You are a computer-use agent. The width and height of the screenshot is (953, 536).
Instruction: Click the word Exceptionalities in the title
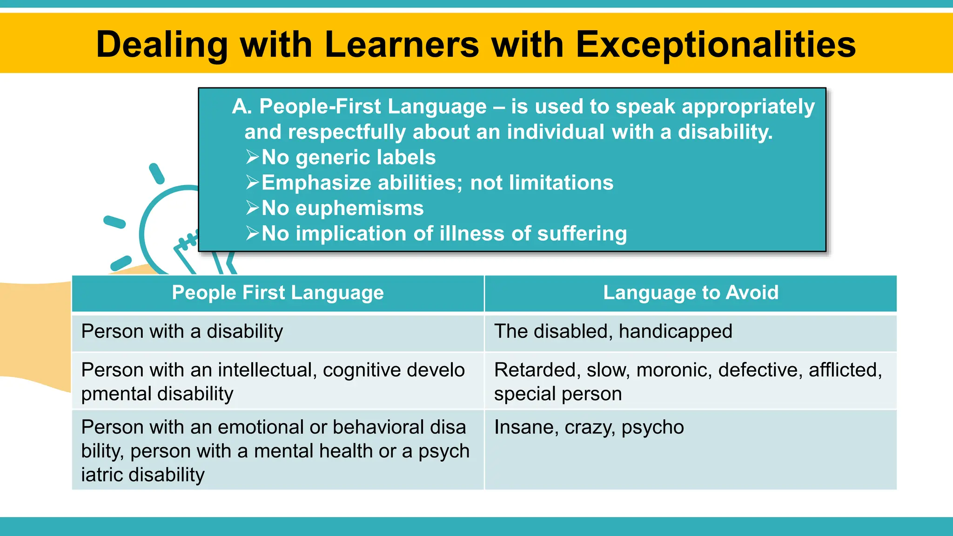pos(716,45)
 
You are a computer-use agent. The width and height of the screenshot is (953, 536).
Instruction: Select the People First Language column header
pos(278,293)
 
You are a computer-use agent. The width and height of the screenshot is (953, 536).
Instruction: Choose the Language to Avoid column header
pos(691,293)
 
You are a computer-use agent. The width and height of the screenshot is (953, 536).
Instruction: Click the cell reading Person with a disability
pos(182,332)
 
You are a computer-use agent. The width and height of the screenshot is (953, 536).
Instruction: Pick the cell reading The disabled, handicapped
pos(613,332)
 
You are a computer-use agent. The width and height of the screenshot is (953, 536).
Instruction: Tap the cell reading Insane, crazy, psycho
pos(589,427)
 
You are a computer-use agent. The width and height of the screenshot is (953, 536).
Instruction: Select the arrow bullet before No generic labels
pos(252,157)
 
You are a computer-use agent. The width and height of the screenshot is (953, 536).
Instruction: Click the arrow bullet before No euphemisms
pos(252,208)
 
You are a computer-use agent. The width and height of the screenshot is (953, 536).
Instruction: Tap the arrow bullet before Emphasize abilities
pos(252,182)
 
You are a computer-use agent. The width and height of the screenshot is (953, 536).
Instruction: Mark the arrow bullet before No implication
pos(252,233)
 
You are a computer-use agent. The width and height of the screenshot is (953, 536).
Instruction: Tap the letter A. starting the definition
pos(242,107)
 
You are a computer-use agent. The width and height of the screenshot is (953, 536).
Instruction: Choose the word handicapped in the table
pos(676,332)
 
